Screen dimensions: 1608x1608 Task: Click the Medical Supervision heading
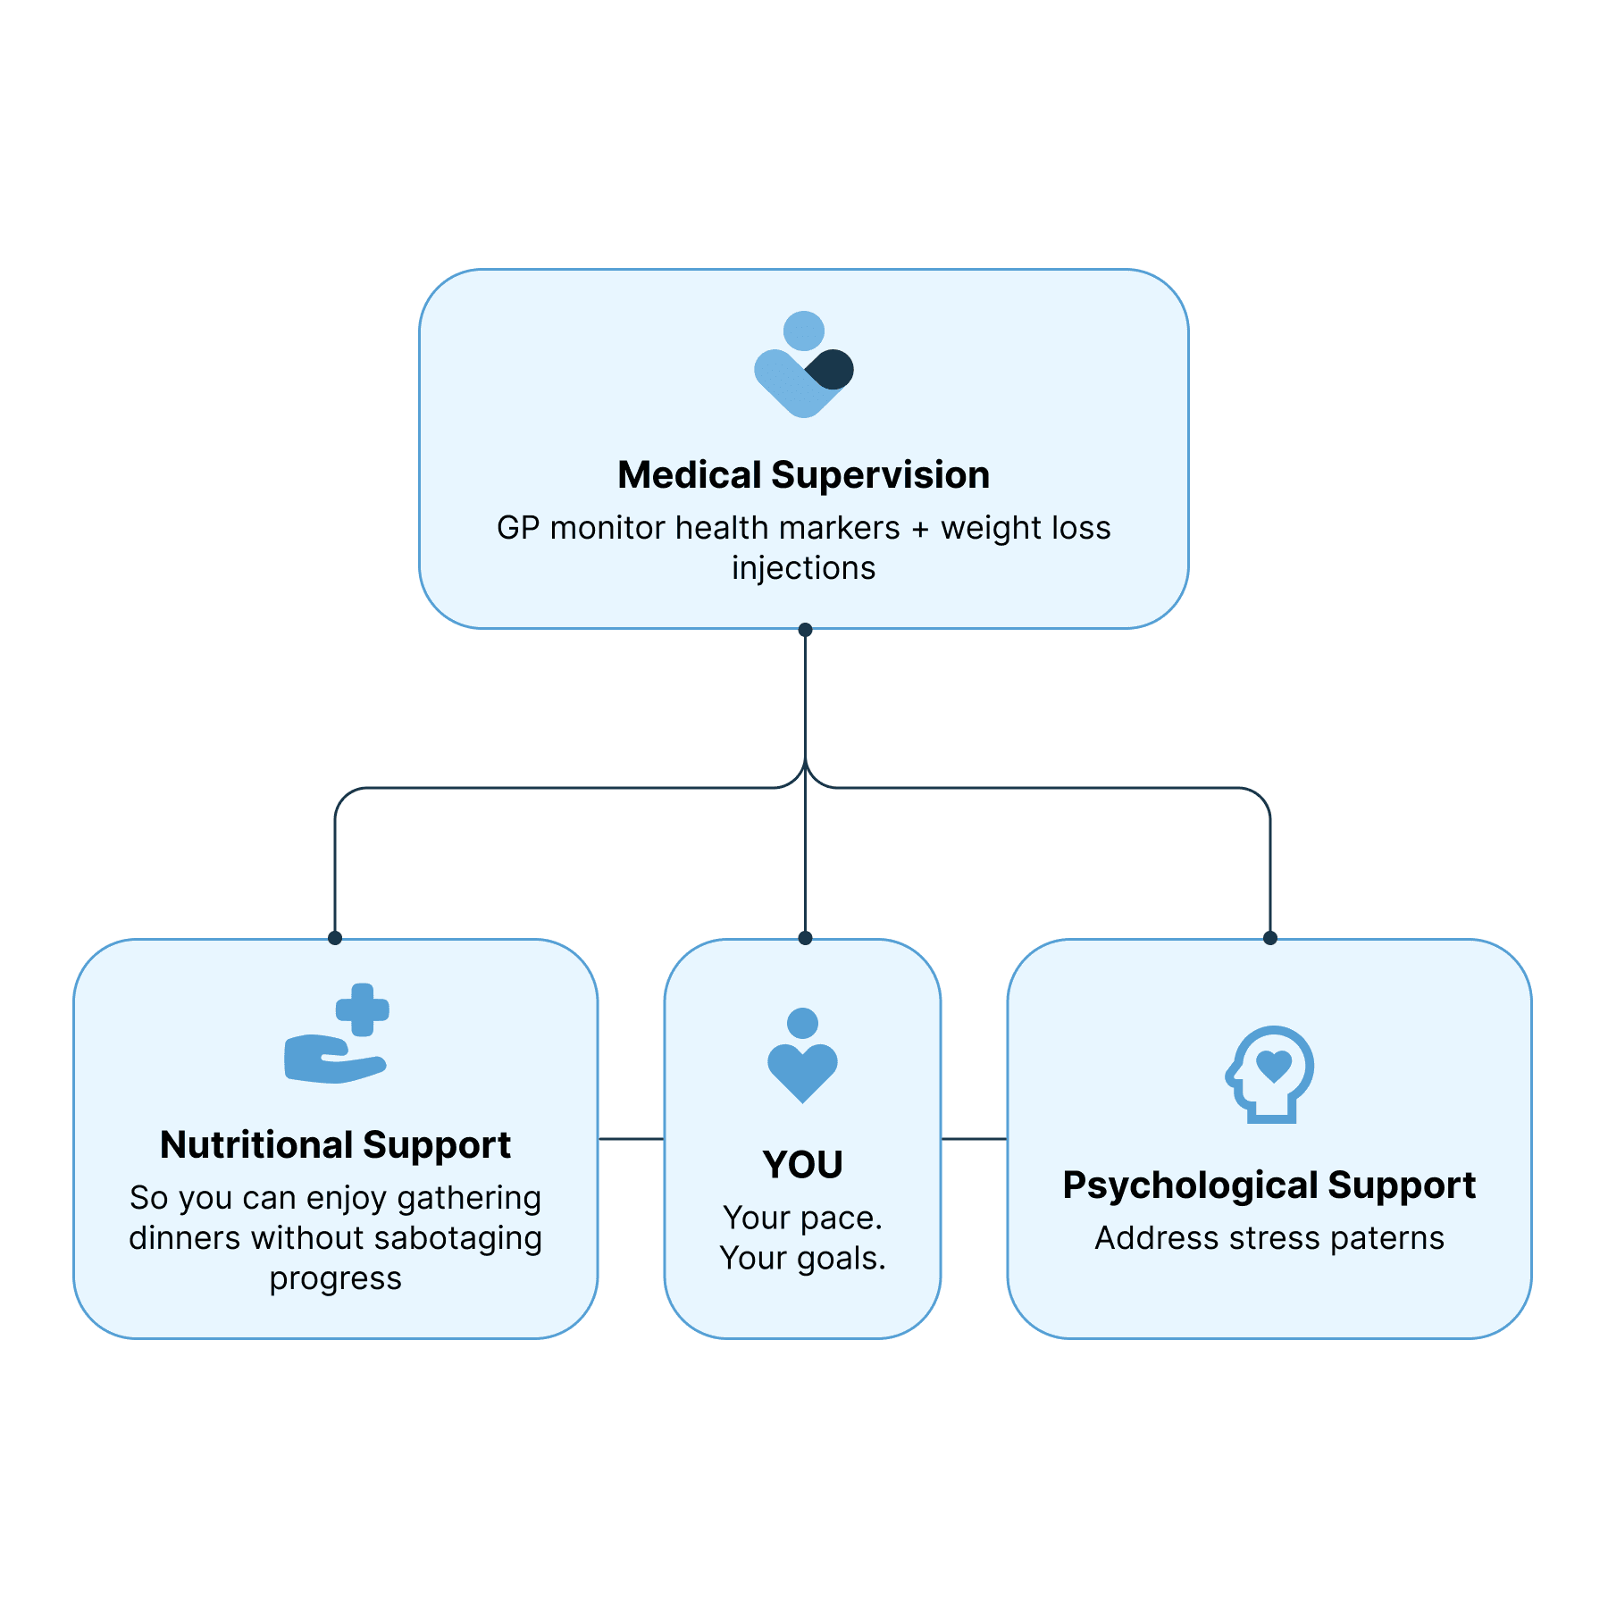click(x=803, y=474)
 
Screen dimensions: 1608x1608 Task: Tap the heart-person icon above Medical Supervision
click(x=803, y=364)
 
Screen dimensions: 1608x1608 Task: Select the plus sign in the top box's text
click(x=920, y=528)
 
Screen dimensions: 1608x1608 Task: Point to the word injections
click(x=803, y=568)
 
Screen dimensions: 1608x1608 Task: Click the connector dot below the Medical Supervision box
click(x=805, y=630)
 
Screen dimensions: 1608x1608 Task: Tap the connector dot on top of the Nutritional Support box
click(x=335, y=938)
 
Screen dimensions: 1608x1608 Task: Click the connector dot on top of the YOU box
click(x=805, y=938)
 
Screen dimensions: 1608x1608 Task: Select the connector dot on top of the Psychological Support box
click(x=1270, y=938)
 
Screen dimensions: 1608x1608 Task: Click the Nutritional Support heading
click(x=335, y=1144)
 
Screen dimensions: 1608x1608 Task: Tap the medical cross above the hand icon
click(x=362, y=1010)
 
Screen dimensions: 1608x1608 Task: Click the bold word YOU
click(x=802, y=1165)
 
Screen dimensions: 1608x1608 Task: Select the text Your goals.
click(x=802, y=1258)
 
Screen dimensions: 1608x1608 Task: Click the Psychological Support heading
click(x=1269, y=1185)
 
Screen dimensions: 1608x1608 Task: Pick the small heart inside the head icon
click(x=1273, y=1065)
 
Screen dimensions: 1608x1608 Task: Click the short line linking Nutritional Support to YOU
click(x=631, y=1139)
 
